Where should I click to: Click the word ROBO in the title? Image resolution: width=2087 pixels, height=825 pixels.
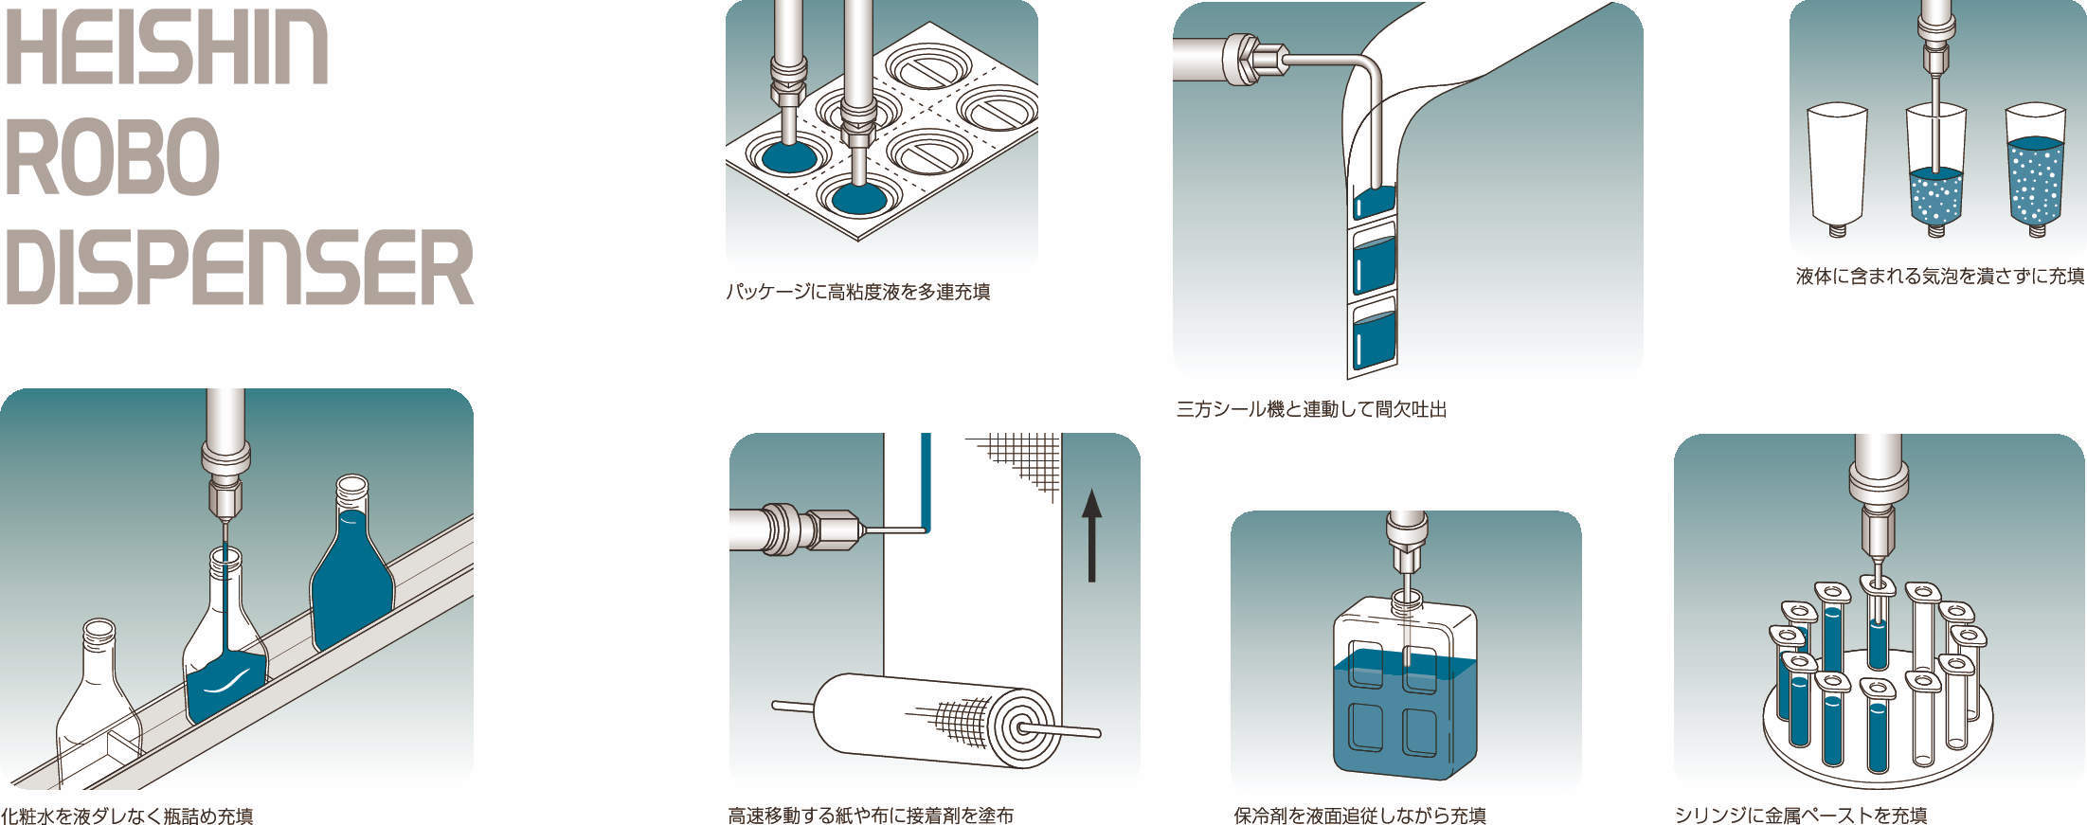click(113, 156)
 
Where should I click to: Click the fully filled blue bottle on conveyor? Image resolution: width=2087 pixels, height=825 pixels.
click(351, 568)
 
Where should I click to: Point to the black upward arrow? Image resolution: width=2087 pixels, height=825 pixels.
click(1092, 535)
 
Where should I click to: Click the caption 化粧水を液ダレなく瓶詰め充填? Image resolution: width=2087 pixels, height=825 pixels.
click(127, 816)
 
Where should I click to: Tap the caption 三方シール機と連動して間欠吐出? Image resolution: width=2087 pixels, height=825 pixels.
click(1311, 410)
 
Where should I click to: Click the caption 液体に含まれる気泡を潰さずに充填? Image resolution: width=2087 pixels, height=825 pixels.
click(1940, 277)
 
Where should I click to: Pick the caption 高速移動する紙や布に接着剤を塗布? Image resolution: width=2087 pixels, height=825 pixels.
click(871, 816)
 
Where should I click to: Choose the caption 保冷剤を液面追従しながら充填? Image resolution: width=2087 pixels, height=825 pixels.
click(1359, 816)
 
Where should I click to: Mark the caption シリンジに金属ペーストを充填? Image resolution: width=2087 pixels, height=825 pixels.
click(1801, 816)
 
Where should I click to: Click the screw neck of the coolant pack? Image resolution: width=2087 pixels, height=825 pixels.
click(1406, 599)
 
